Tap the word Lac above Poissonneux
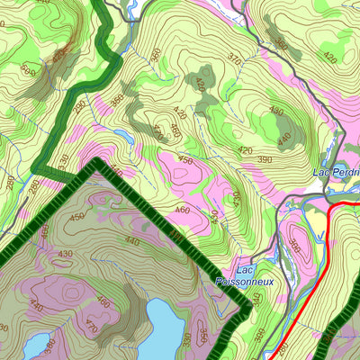pos(245,269)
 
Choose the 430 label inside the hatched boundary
pos(65,255)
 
